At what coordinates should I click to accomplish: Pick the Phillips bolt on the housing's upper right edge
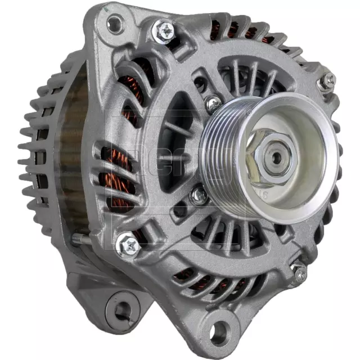(x=328, y=82)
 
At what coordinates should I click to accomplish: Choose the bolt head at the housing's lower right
(x=299, y=272)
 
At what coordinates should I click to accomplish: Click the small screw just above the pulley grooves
(x=213, y=103)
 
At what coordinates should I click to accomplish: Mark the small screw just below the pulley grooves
(x=197, y=196)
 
